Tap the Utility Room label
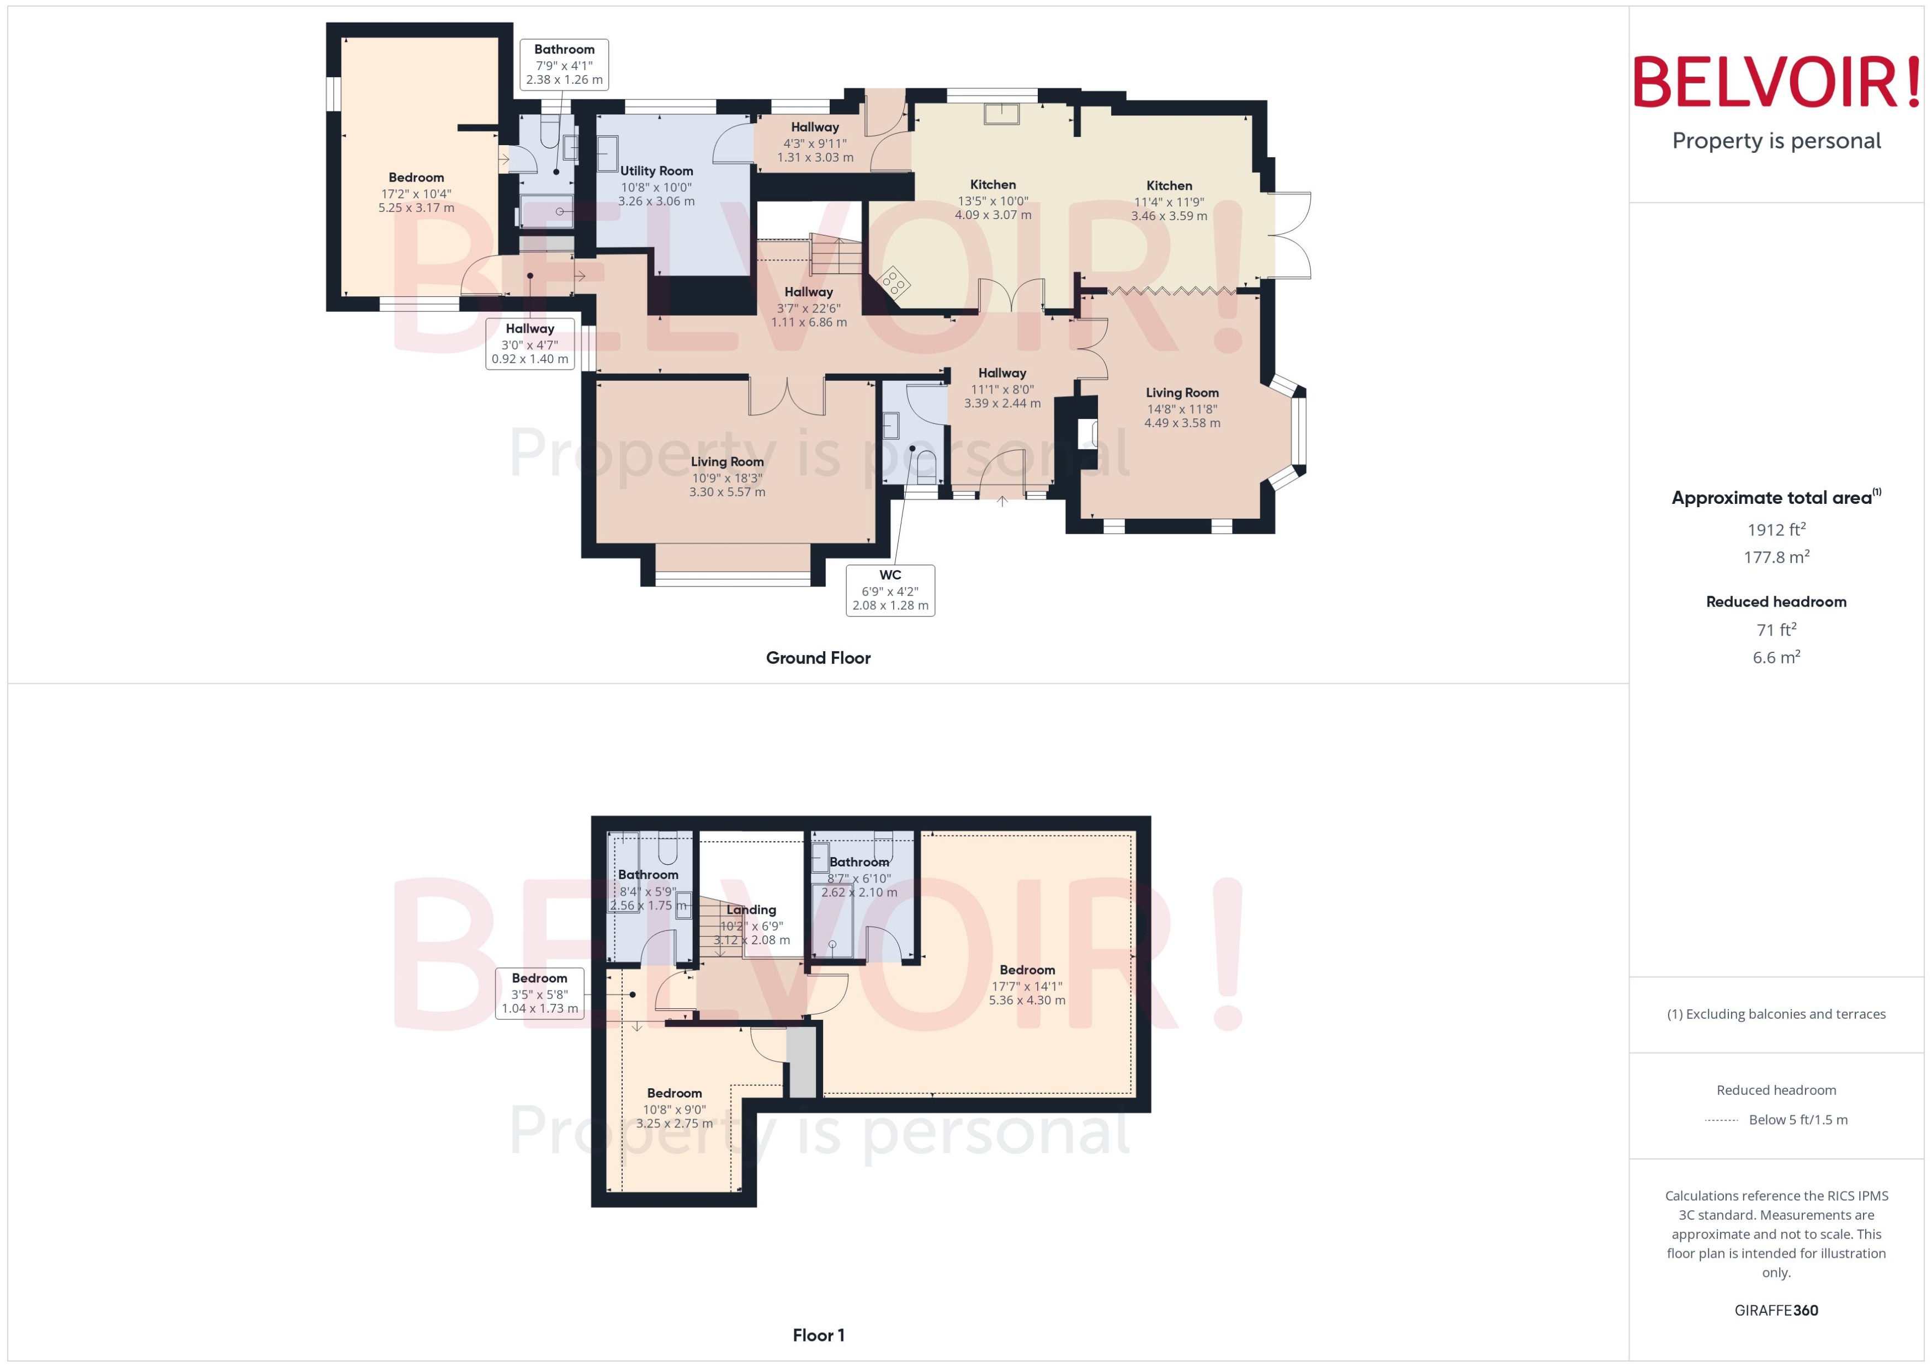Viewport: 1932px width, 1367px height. pyautogui.click(x=657, y=171)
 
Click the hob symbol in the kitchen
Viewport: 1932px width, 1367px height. pyautogui.click(x=893, y=282)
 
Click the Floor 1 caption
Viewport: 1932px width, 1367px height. pyautogui.click(x=818, y=1335)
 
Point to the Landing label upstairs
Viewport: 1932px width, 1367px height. pyautogui.click(x=751, y=910)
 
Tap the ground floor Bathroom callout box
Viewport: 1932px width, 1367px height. pyautogui.click(x=564, y=64)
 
